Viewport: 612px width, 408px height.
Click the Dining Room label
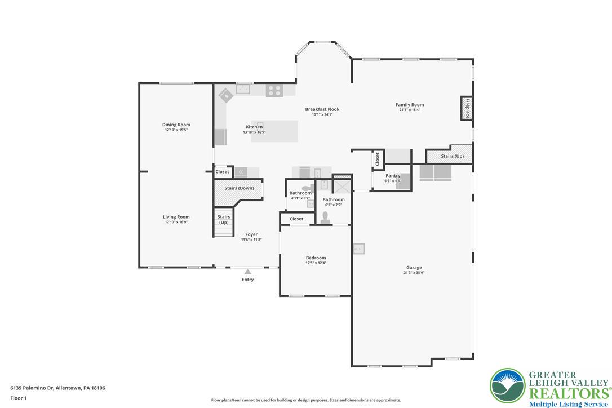176,125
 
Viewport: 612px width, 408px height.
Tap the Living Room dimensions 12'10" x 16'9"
176,222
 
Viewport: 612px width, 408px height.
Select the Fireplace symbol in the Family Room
467,108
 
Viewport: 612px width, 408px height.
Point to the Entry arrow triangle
247,272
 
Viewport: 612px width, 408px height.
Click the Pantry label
393,176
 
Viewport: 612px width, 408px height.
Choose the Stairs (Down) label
239,188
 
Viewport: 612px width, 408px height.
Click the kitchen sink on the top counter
243,88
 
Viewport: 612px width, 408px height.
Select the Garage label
414,268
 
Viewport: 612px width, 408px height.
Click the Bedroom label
316,258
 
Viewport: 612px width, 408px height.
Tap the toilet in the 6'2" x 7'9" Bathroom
325,218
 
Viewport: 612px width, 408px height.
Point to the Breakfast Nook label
322,109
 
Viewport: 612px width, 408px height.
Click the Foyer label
251,234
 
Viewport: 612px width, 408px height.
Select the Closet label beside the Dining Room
222,172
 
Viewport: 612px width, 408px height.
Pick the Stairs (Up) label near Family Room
452,156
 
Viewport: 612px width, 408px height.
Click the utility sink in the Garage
360,248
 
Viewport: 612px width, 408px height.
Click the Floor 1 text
19,398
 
